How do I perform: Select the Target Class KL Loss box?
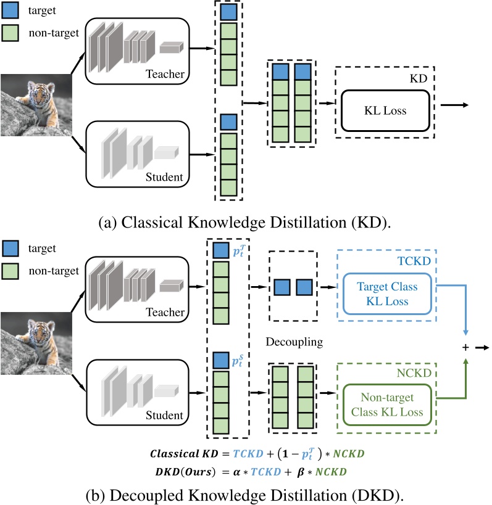coord(386,294)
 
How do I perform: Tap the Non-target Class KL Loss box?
coord(386,405)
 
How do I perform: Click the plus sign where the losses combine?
coord(465,347)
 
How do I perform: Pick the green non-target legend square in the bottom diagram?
coord(11,270)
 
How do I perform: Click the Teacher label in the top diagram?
coord(165,75)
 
